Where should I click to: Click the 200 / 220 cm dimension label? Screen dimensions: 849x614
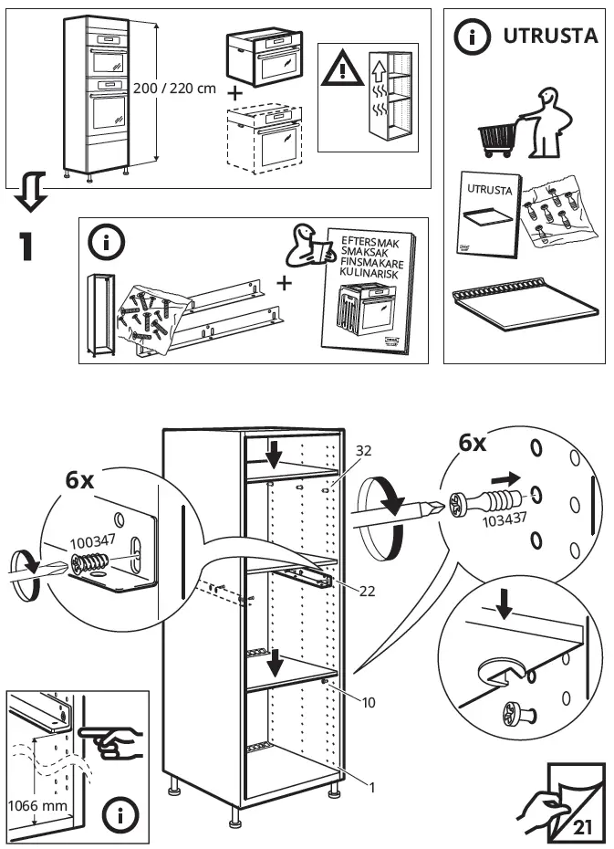174,89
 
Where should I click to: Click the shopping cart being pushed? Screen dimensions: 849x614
496,139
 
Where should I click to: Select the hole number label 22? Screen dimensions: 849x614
367,591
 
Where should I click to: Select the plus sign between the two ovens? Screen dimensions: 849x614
235,92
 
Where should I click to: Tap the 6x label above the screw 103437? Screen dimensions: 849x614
473,445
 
